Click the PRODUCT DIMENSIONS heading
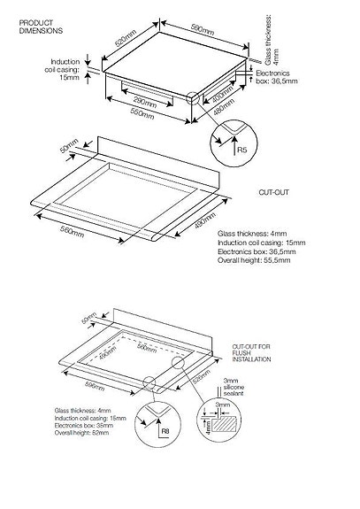pyautogui.click(x=39, y=26)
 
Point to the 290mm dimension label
pyautogui.click(x=144, y=104)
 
